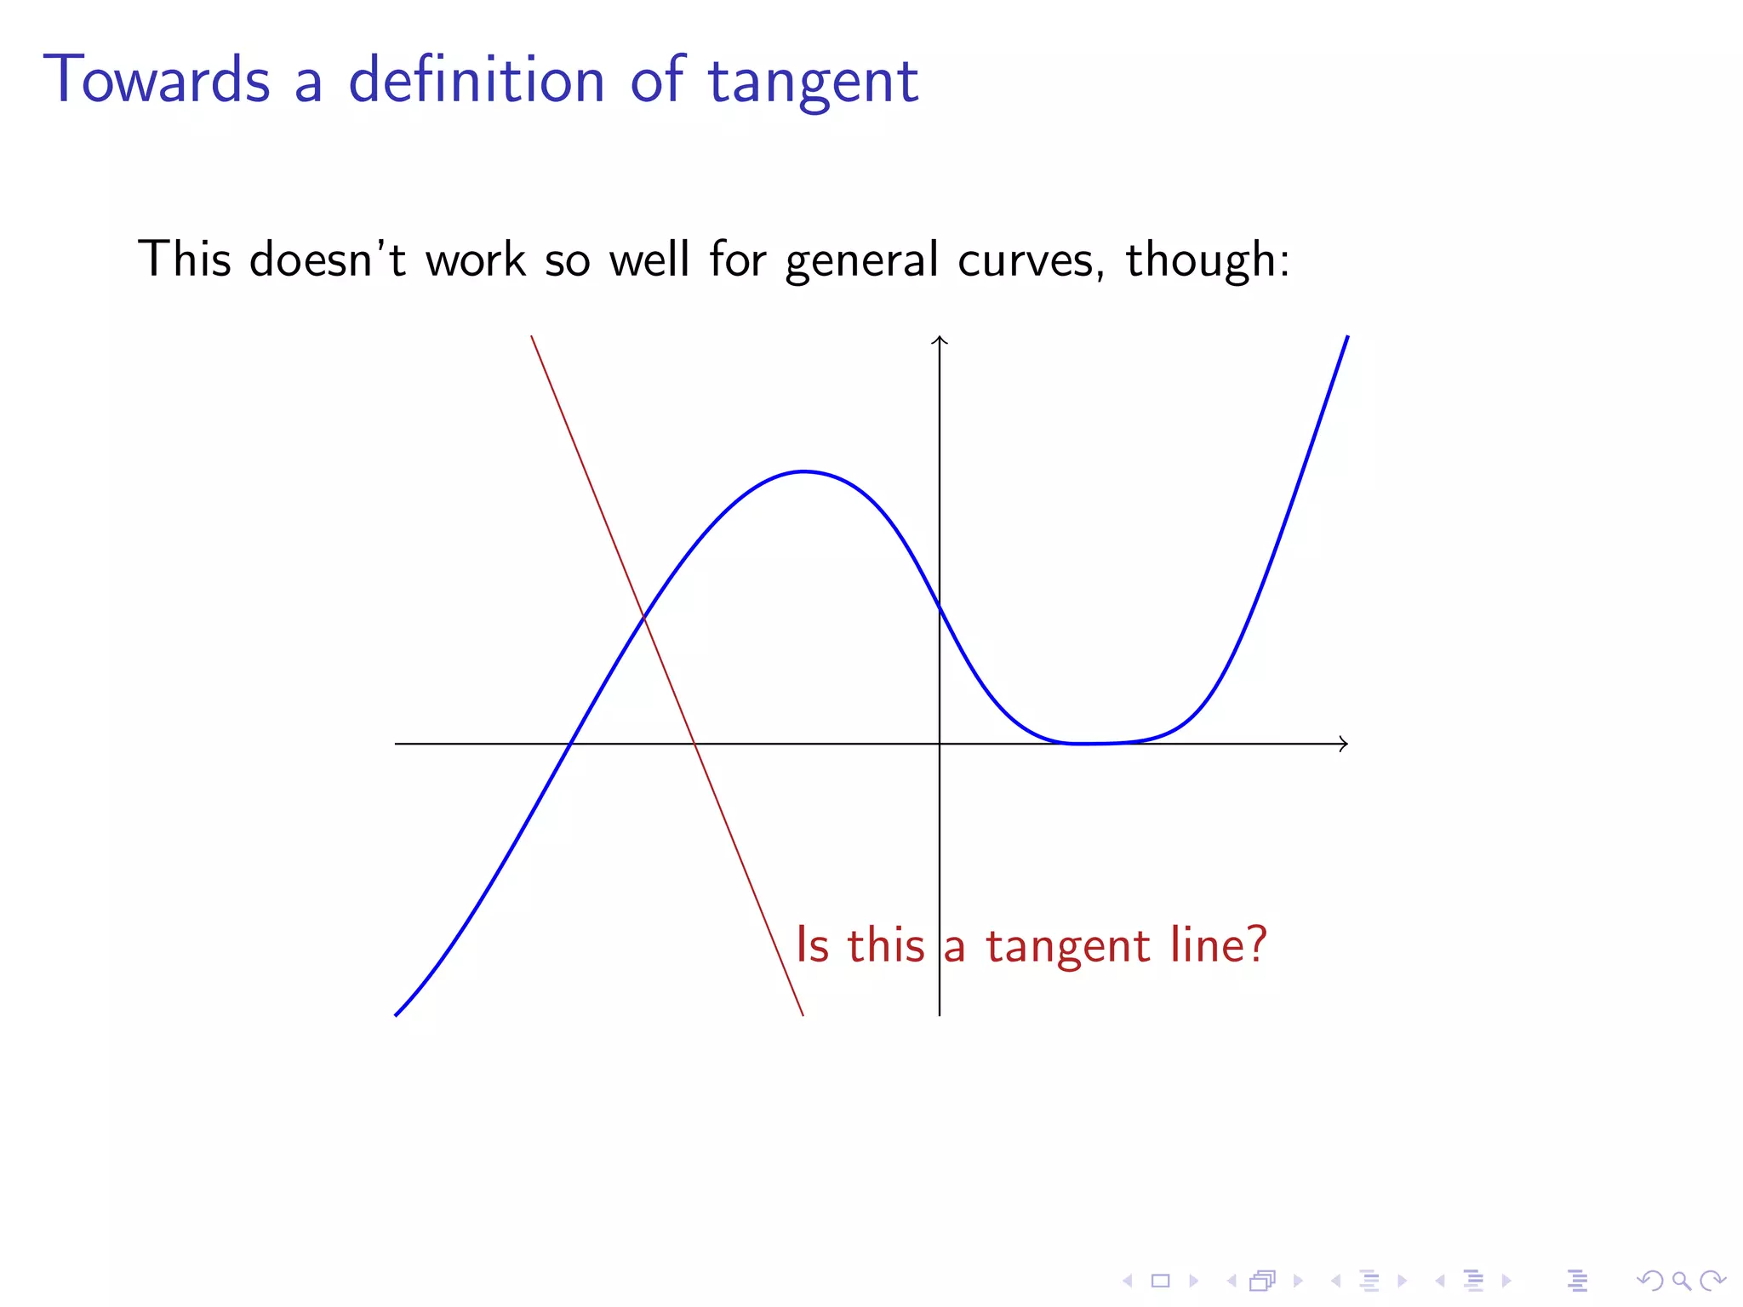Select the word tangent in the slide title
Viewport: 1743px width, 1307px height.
pos(813,83)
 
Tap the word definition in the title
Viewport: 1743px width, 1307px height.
pos(477,81)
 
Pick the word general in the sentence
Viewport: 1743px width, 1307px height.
pos(861,260)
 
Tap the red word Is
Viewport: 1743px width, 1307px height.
pos(812,945)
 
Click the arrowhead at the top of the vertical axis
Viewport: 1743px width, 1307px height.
pos(940,340)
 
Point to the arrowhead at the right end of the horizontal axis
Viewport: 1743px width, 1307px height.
pos(1344,744)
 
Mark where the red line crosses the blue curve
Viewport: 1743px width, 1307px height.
pos(644,618)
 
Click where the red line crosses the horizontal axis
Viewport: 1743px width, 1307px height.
pos(695,744)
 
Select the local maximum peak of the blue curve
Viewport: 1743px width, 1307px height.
pos(803,471)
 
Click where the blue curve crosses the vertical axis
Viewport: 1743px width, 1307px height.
pos(940,608)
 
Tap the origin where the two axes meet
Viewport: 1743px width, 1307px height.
pos(940,744)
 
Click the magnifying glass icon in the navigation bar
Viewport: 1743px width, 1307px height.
pos(1681,1281)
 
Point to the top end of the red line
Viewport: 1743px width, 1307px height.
pos(532,337)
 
